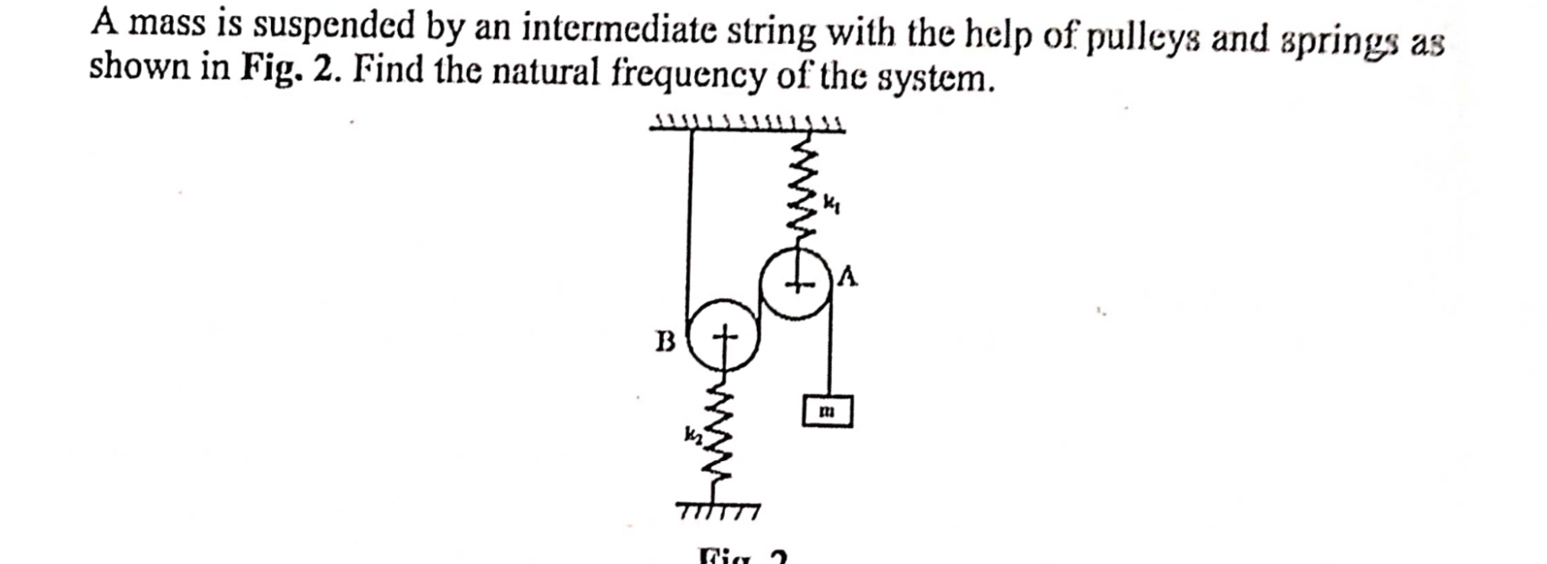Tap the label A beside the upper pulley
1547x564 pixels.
(x=847, y=278)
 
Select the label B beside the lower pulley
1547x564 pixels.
(x=664, y=340)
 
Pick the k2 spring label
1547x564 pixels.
(x=692, y=436)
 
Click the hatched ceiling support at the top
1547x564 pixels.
(x=747, y=124)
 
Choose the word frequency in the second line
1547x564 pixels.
(x=688, y=73)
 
